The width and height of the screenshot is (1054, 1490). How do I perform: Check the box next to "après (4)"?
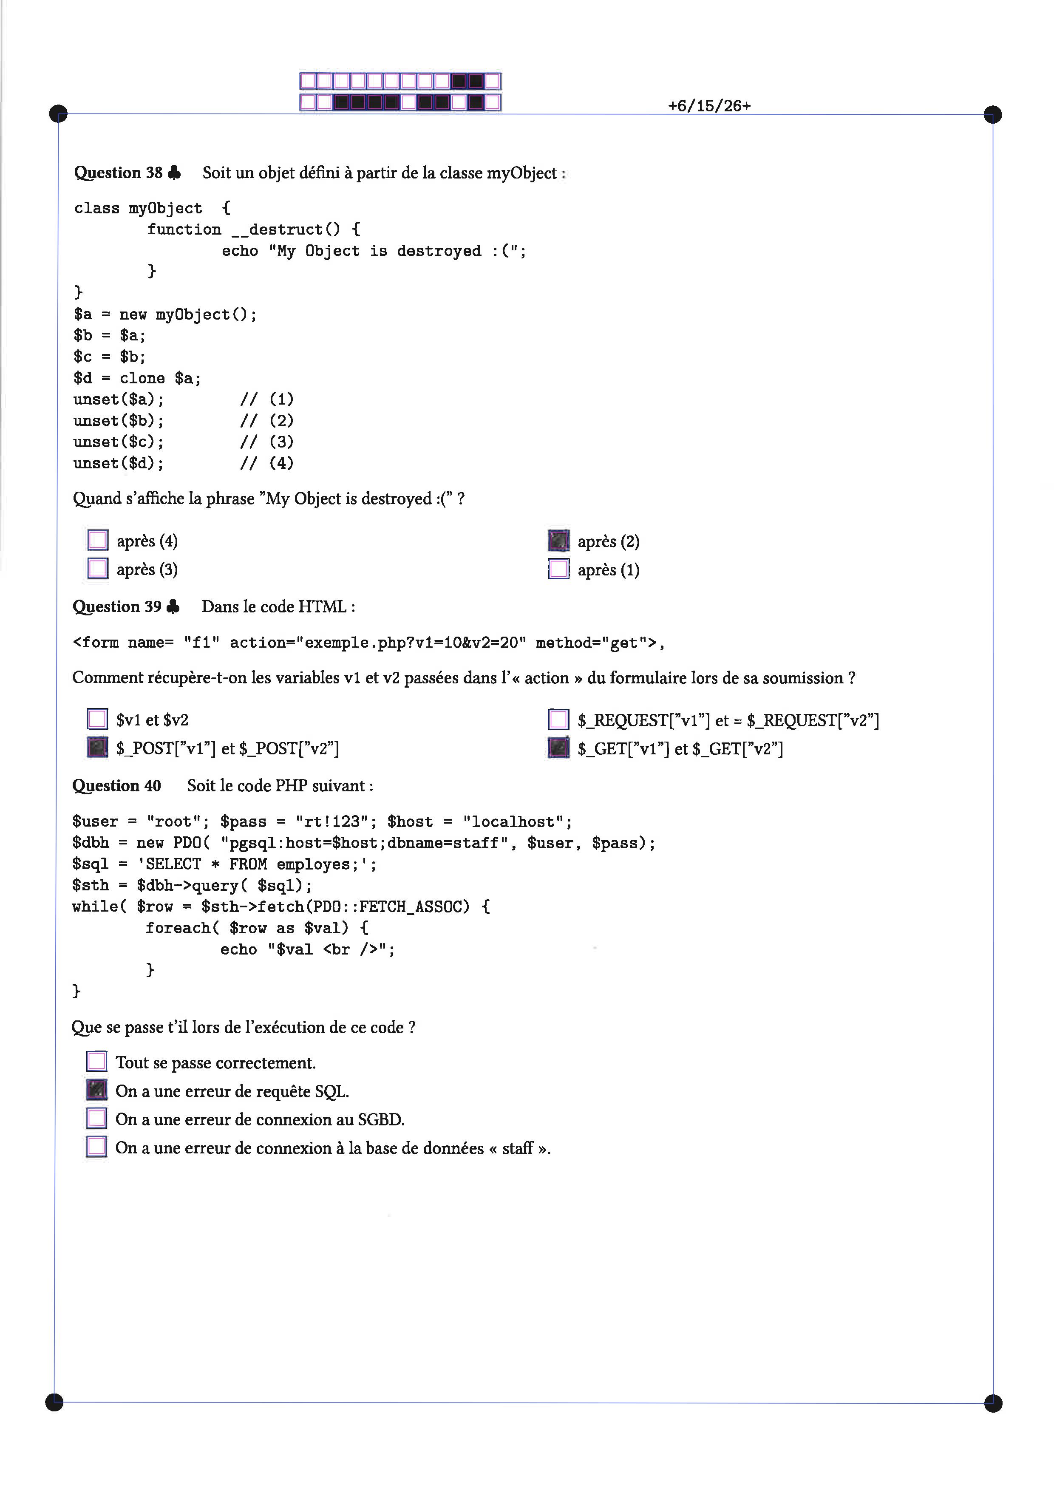point(98,540)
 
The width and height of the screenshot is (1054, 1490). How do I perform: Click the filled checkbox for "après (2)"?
point(559,541)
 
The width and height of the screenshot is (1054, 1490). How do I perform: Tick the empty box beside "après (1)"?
point(559,569)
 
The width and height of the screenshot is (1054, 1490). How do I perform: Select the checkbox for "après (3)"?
point(98,569)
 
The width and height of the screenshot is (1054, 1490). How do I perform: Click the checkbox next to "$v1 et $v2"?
point(97,719)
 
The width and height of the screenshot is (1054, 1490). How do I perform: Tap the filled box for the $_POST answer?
point(97,748)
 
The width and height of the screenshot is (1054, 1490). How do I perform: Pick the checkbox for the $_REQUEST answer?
point(559,720)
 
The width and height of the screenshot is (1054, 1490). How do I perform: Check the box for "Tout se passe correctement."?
point(97,1062)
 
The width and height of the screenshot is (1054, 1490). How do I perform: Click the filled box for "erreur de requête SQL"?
point(97,1090)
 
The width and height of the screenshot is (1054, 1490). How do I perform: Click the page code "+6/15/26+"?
point(709,106)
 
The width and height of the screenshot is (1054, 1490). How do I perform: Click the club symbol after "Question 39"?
point(173,606)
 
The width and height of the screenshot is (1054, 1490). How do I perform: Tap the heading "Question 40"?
point(117,786)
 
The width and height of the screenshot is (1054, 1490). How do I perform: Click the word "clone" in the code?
point(142,378)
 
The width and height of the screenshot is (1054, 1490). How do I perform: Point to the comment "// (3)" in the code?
point(267,442)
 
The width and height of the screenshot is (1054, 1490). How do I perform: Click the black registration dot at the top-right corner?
point(993,115)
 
